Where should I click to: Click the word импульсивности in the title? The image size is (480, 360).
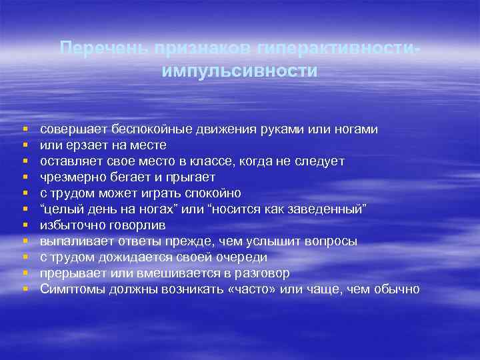(x=239, y=71)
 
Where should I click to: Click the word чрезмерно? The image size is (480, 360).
(x=69, y=177)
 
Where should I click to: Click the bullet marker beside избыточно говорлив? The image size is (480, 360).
(x=25, y=225)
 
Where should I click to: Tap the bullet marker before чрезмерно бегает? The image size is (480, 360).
(x=25, y=177)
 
